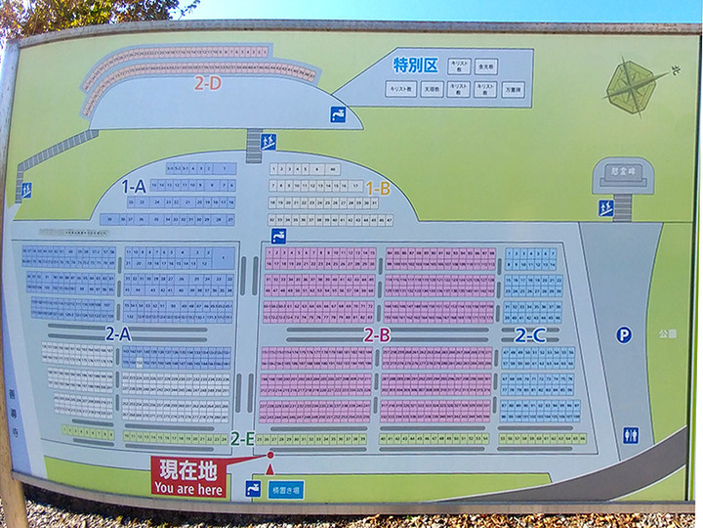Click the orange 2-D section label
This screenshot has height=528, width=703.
pyautogui.click(x=207, y=84)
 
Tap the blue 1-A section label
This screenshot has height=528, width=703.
pyautogui.click(x=134, y=185)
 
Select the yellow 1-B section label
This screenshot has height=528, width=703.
pyautogui.click(x=378, y=187)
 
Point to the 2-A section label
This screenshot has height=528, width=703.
pyautogui.click(x=118, y=333)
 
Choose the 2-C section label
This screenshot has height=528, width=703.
pyautogui.click(x=530, y=334)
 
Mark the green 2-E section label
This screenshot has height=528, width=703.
pyautogui.click(x=243, y=439)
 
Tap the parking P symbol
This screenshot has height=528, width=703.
pyautogui.click(x=624, y=334)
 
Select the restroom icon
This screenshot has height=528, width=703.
pyautogui.click(x=631, y=435)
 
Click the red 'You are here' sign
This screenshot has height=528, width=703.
pyautogui.click(x=188, y=477)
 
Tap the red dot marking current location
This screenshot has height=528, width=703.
pyautogui.click(x=270, y=455)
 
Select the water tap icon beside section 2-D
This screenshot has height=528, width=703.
pyautogui.click(x=338, y=113)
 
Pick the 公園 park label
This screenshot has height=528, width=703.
pyautogui.click(x=666, y=333)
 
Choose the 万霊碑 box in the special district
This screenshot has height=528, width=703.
pyautogui.click(x=513, y=90)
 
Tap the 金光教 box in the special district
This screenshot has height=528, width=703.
pyautogui.click(x=485, y=66)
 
